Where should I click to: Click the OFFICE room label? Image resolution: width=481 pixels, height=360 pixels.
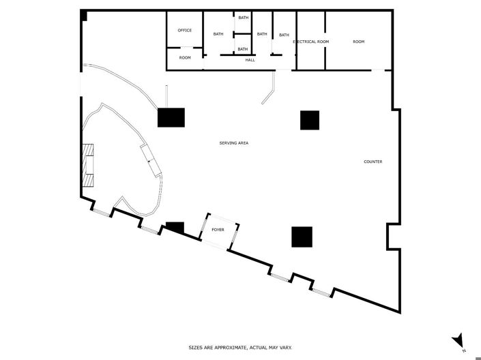point(185,31)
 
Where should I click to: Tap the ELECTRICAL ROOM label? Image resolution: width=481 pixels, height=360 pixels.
point(311,42)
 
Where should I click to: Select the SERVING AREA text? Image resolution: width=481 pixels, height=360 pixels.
point(233,143)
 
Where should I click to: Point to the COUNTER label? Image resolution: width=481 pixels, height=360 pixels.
point(373,162)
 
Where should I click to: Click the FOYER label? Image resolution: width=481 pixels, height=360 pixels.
point(218,230)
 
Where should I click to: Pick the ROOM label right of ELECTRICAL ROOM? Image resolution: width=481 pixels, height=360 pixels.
point(358,42)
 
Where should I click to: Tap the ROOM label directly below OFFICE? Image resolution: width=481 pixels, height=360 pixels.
point(185,58)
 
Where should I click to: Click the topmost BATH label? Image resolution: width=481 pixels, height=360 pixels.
point(243,18)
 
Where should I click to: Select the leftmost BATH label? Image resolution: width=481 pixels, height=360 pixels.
point(218,34)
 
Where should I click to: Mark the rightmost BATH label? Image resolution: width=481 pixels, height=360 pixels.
point(284,35)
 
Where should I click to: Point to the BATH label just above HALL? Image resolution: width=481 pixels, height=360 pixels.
point(243,49)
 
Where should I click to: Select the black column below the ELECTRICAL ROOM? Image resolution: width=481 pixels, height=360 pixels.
point(310,120)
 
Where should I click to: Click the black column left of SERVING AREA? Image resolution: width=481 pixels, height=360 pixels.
point(171,117)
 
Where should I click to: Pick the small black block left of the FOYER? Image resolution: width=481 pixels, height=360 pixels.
point(175,227)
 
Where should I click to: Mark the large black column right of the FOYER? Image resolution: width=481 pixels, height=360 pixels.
point(302,236)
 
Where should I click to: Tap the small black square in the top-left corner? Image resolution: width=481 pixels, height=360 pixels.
point(84,15)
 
